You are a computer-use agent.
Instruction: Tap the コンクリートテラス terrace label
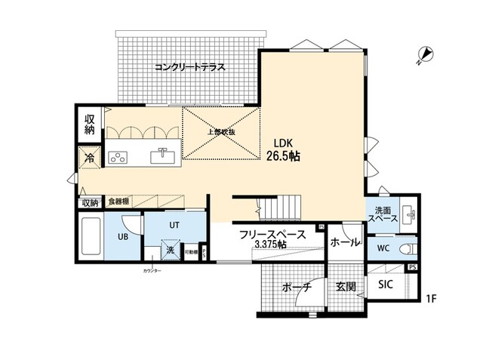191,67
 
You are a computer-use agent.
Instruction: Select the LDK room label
284,142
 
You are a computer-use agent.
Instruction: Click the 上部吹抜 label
221,133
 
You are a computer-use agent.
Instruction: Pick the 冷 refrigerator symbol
89,158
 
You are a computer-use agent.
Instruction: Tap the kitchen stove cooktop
118,157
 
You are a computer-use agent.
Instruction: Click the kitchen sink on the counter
162,156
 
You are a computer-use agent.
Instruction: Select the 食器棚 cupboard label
118,202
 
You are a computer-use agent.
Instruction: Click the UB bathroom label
123,236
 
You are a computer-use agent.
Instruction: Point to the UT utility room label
173,225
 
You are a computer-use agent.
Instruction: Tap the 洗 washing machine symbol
171,250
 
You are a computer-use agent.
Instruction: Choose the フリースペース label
271,234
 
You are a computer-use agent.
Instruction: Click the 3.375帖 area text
271,245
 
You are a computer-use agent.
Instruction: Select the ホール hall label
345,242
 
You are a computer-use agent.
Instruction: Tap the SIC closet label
385,285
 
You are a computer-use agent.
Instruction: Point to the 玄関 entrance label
346,287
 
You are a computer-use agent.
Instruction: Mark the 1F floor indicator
430,299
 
